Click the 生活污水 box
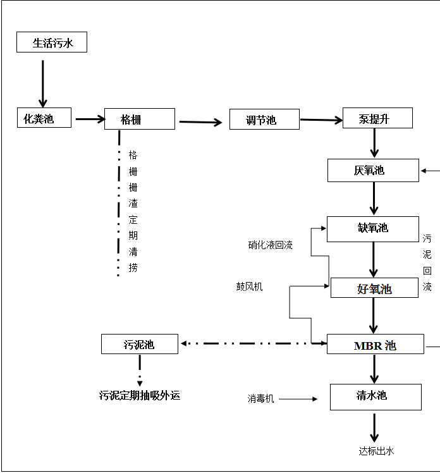pos(51,42)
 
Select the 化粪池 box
pos(44,118)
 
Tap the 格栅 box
pos(139,119)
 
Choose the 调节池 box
pos(264,120)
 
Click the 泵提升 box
pos(377,118)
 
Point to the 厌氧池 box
pos(372,170)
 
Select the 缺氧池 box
pos(372,229)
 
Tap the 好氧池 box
pos(374,288)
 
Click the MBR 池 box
pos(374,345)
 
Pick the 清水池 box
pos(375,396)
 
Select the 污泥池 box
pos(139,344)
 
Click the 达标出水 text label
pos(376,451)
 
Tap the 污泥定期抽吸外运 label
pos(140,396)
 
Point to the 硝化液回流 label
pos(270,245)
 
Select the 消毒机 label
pos(260,399)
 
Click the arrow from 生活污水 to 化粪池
pos(43,83)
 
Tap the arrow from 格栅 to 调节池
pos(202,122)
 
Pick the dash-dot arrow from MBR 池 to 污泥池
pos(253,343)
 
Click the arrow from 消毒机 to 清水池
pos(298,399)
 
